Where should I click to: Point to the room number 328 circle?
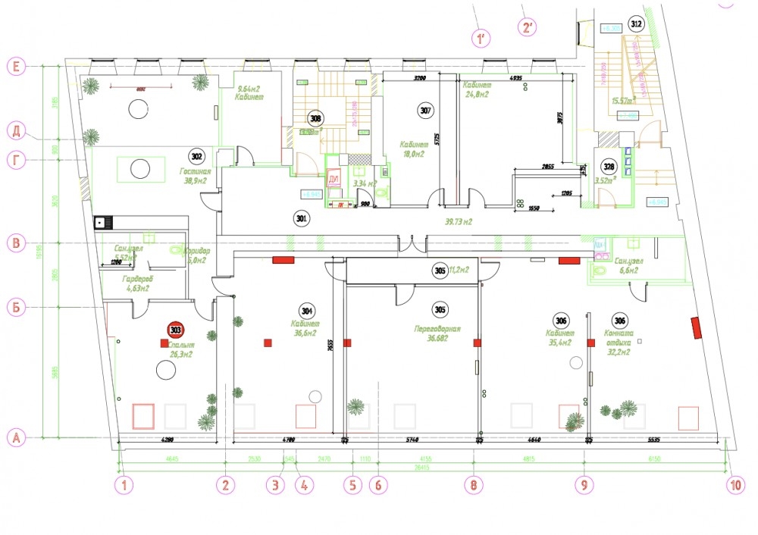tap(608, 167)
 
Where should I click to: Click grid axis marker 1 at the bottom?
tap(123, 483)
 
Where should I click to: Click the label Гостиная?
tap(194, 172)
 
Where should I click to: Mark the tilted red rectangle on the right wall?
tap(696, 328)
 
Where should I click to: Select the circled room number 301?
tap(301, 218)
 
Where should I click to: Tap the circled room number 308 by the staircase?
tap(315, 118)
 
